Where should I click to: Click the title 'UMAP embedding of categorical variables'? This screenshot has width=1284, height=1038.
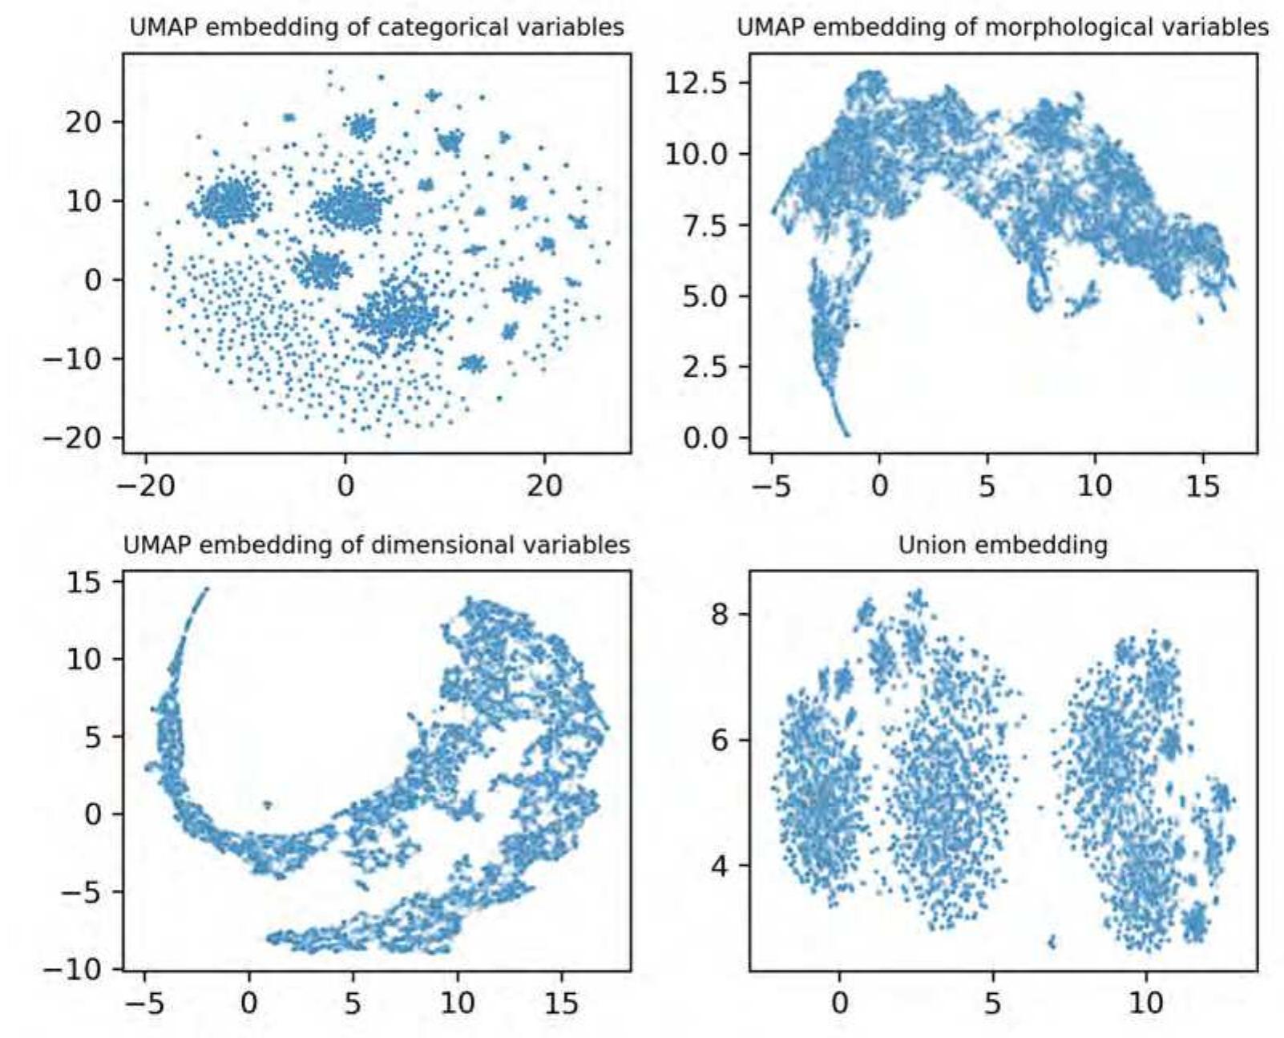coord(377,27)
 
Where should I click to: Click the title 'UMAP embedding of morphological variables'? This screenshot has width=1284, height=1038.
coord(1003,27)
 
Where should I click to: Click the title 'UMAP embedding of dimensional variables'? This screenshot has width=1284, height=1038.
coord(377,545)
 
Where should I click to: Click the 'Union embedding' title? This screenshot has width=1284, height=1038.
coord(1003,545)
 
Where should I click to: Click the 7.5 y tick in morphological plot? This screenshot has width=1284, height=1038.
coord(707,225)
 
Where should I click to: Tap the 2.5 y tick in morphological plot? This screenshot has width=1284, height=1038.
coord(707,367)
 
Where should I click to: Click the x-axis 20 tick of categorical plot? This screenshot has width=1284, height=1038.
coord(544,487)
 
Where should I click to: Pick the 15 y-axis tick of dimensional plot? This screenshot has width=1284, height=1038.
coord(83,582)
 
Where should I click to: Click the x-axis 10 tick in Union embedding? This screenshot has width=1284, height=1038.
coord(1146,1004)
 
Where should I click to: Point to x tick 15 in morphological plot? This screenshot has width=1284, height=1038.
coord(1202,487)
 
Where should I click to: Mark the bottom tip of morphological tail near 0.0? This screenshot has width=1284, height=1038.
coord(847,434)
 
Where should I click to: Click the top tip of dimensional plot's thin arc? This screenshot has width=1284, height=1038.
coord(206,589)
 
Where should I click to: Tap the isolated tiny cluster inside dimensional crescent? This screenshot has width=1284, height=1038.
coord(268,804)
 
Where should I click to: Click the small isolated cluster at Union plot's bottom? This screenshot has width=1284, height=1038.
coord(1052,943)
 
